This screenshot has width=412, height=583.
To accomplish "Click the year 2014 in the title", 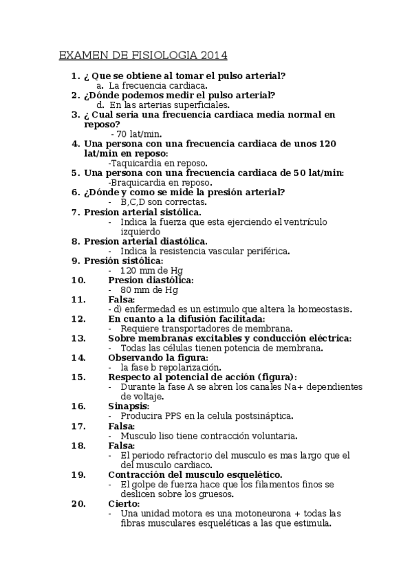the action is point(214,55).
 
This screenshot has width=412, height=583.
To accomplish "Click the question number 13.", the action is point(78,338).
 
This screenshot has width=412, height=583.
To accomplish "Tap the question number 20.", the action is point(78,503).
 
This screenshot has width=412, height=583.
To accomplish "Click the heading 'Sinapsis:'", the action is point(129,406).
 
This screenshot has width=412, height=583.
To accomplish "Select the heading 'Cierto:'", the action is point(124,503).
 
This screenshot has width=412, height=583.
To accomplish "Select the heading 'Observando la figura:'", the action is point(158,357).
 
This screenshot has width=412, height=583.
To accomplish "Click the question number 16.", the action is point(78,406).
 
